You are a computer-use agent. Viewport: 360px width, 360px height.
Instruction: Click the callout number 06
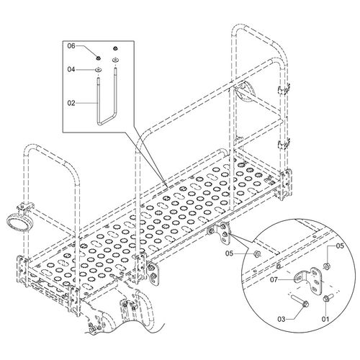tap(71, 45)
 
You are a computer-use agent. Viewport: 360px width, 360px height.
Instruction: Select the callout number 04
tap(71, 70)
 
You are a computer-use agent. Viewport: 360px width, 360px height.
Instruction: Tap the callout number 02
tap(71, 103)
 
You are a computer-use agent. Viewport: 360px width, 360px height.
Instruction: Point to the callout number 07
tap(274, 279)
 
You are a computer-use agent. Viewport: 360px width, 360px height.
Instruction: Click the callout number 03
tap(282, 319)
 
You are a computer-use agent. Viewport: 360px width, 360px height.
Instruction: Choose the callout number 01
tap(325, 319)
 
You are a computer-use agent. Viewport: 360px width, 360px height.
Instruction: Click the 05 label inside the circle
tap(340, 246)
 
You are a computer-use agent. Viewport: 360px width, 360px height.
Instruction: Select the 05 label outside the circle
tap(230, 253)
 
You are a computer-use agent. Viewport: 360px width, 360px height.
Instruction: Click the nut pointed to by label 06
tap(98, 58)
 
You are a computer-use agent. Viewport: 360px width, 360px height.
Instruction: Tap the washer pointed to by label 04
tap(98, 70)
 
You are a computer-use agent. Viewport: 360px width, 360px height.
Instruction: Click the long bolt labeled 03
tap(300, 301)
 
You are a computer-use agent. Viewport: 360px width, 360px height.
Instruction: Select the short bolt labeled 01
tap(328, 297)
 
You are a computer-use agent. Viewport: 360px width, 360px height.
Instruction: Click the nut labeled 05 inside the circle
tap(326, 266)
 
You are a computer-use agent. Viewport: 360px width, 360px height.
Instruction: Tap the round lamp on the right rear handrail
tap(243, 92)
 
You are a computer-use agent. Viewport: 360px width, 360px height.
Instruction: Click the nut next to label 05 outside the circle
tap(256, 253)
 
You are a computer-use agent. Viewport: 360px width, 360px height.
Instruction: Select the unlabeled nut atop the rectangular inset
tap(116, 48)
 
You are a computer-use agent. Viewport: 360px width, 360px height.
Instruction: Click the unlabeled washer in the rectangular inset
tap(116, 60)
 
